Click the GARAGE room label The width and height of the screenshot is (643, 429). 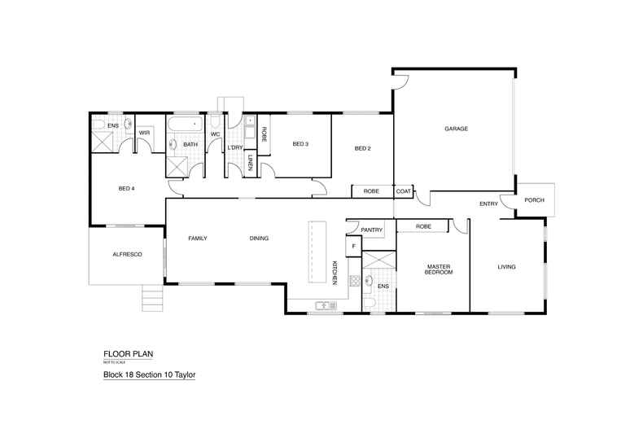tap(454, 129)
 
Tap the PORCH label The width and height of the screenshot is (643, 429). tap(535, 199)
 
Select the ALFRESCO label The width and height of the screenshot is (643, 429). tap(128, 255)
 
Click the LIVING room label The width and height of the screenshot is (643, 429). tap(507, 266)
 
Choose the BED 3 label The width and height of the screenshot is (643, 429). tap(300, 144)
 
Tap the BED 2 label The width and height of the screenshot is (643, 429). tap(362, 149)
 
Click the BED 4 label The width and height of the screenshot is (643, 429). tap(126, 189)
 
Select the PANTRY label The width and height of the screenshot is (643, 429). tap(371, 230)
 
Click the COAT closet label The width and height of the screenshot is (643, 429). tap(404, 191)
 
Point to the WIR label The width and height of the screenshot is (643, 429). tap(144, 133)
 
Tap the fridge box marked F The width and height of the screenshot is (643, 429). tap(353, 246)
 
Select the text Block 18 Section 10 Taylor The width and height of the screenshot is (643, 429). tap(149, 375)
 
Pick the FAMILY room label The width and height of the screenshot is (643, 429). tap(198, 239)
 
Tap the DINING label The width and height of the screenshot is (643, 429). tap(259, 239)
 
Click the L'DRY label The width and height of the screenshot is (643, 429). tap(235, 147)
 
